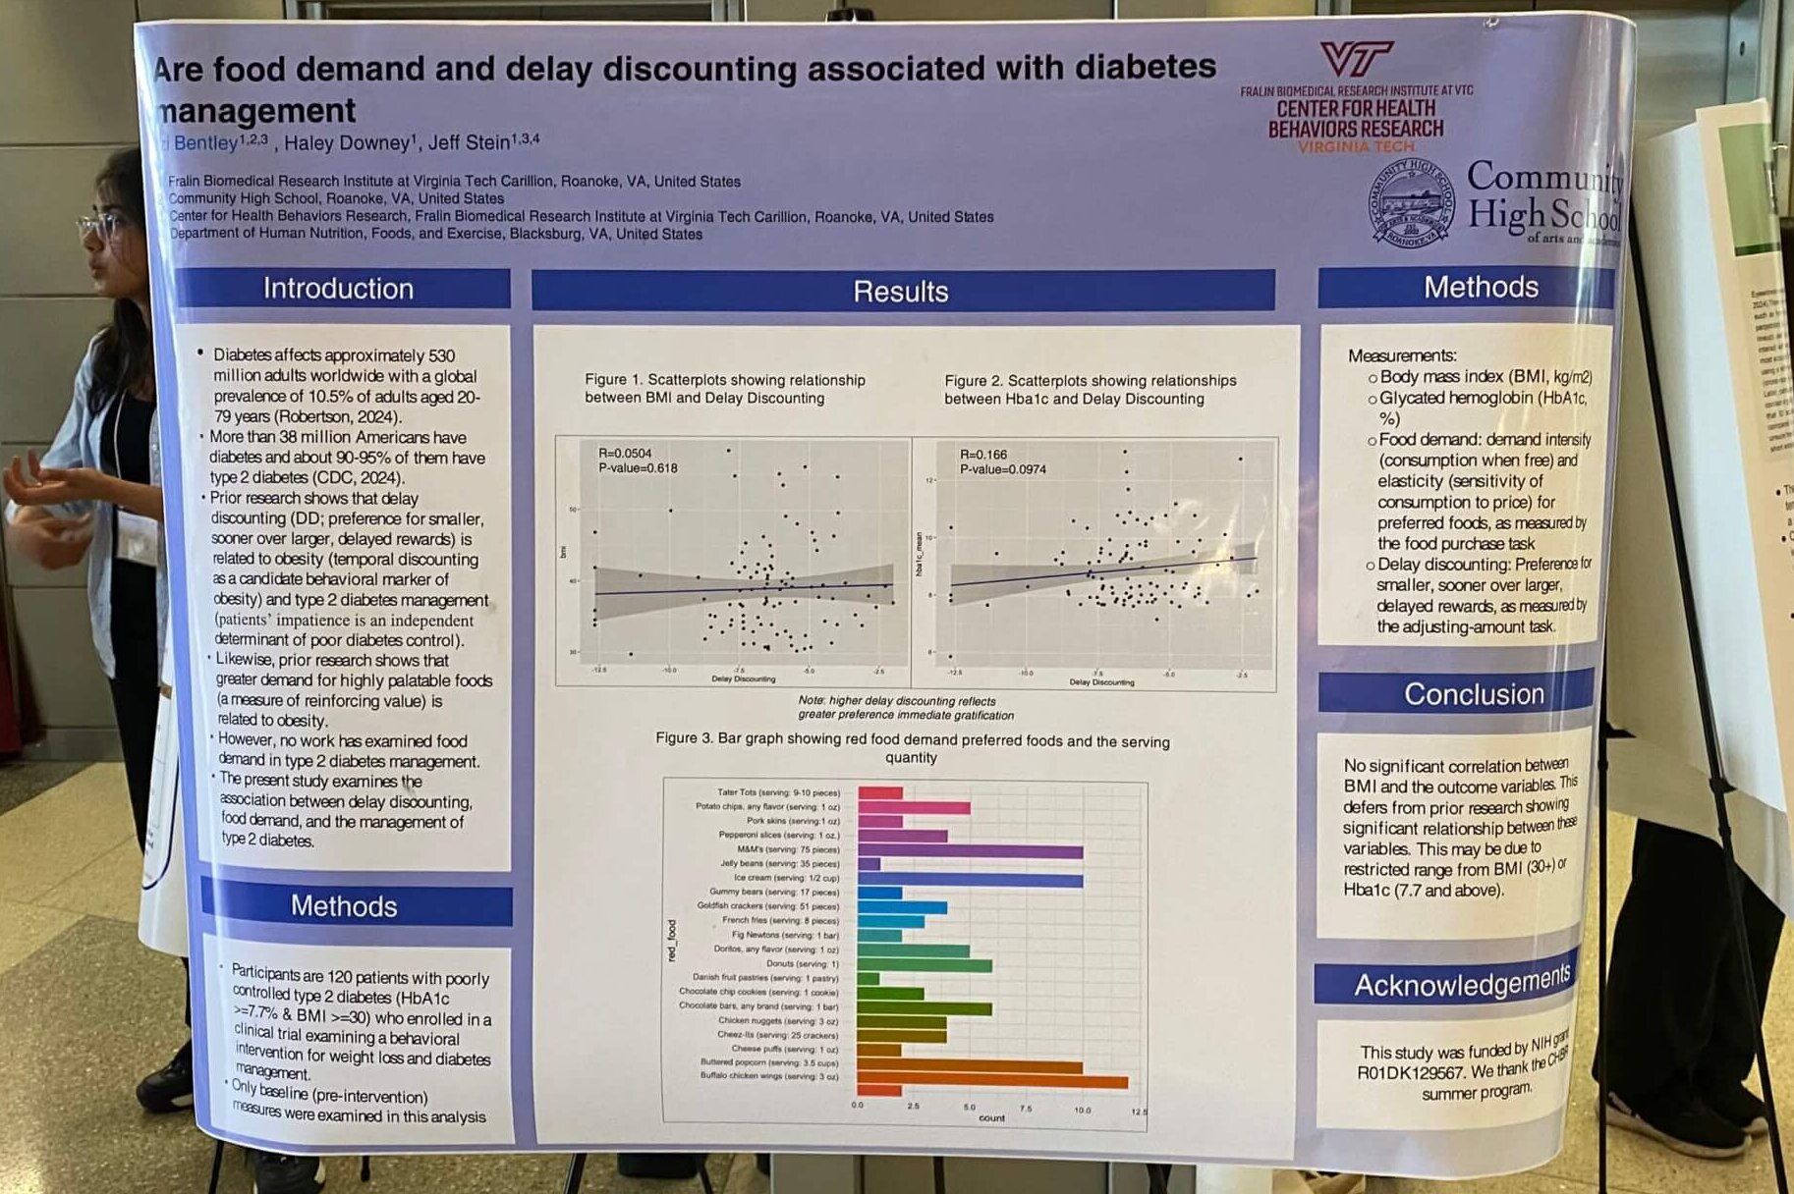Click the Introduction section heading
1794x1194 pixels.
click(x=338, y=289)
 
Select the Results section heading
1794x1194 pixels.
click(x=901, y=292)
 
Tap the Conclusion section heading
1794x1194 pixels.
click(x=1474, y=694)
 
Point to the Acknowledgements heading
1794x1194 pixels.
click(x=1463, y=983)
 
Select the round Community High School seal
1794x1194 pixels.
click(x=1413, y=203)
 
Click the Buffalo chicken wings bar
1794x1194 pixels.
click(x=992, y=1082)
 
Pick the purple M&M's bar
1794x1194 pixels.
click(x=970, y=851)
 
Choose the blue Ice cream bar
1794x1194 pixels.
click(x=970, y=881)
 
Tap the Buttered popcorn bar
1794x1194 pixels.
click(x=970, y=1066)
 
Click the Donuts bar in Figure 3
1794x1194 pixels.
click(x=925, y=966)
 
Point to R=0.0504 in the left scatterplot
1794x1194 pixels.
click(x=625, y=454)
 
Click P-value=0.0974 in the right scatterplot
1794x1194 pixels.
click(x=1003, y=469)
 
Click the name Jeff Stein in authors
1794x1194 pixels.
click(x=469, y=143)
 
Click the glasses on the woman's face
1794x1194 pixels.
click(x=102, y=227)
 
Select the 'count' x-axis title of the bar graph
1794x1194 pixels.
click(x=991, y=1117)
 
